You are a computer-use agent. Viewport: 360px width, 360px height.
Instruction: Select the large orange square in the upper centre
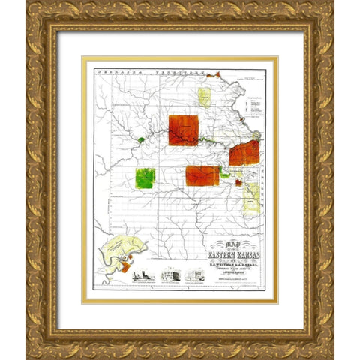click(x=183, y=130)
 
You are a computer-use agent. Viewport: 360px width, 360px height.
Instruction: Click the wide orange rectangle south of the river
click(x=202, y=175)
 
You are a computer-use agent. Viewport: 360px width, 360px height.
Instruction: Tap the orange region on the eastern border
click(x=244, y=152)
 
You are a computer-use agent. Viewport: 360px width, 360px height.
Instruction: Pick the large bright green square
click(x=145, y=178)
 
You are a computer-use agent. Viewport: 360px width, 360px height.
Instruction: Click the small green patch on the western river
click(x=141, y=139)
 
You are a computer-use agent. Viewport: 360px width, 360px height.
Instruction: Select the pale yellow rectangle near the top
click(x=203, y=97)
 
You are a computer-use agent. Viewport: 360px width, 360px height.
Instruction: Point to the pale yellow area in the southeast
click(x=252, y=196)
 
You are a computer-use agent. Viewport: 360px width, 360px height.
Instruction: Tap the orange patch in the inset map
click(x=126, y=265)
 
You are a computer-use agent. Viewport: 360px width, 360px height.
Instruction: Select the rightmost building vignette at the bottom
click(x=193, y=274)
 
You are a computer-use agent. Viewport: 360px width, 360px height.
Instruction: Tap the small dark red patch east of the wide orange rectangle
click(x=238, y=182)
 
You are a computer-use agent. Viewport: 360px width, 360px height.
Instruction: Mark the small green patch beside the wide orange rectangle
click(x=225, y=175)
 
